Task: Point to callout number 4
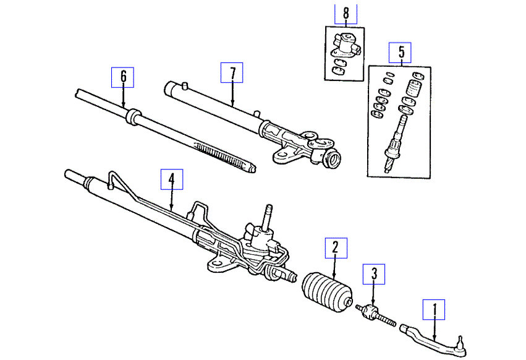click(172, 179)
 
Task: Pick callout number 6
click(123, 77)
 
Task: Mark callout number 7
click(232, 73)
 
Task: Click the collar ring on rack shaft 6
click(133, 116)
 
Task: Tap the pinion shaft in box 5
click(394, 139)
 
